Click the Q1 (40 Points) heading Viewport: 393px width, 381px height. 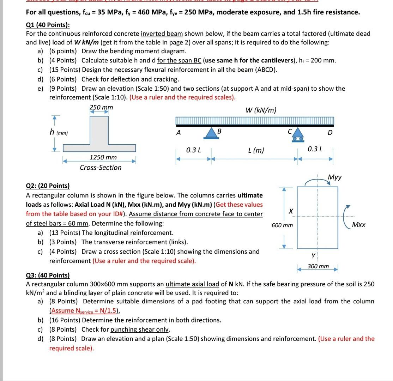[48, 25]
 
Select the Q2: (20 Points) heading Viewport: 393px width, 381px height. [48, 186]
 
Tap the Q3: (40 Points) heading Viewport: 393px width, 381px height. [48, 275]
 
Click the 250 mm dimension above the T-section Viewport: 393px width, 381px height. [101, 107]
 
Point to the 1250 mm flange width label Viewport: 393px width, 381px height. [103, 157]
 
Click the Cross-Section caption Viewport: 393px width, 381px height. [101, 168]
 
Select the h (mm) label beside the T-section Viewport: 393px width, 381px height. [59, 133]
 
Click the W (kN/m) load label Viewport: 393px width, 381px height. [261, 110]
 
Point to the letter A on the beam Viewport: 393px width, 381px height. [179, 133]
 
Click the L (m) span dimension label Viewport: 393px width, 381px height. [256, 150]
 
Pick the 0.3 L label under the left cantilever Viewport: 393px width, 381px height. [193, 150]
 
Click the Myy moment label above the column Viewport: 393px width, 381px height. [334, 177]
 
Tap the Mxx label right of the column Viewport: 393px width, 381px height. [359, 225]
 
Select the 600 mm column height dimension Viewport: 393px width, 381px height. [282, 225]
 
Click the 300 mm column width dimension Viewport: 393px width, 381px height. [318, 266]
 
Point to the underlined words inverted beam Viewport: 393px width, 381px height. [162, 34]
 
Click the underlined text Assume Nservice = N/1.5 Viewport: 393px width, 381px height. [85, 311]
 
